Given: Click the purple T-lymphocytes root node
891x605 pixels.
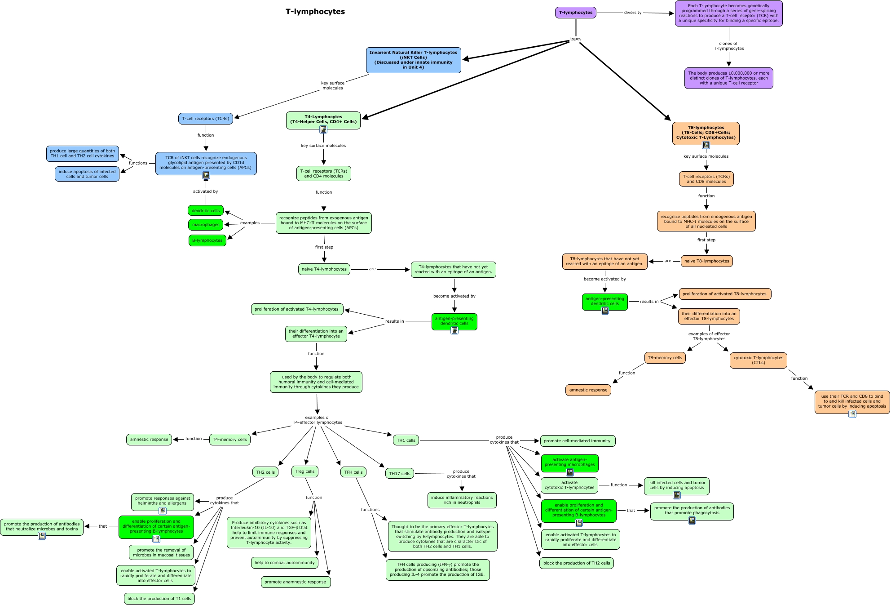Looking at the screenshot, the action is (575, 13).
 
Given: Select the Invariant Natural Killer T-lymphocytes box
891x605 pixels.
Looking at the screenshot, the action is (413, 60).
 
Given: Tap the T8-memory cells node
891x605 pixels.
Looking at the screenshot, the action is (665, 358).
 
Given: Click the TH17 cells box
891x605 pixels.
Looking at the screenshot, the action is (400, 473).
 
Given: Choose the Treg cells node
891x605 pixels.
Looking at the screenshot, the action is (305, 472).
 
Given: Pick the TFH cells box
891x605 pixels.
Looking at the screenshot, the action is (353, 472).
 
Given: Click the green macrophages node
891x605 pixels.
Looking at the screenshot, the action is (206, 225).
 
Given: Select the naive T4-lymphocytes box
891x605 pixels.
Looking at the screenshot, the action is (324, 269).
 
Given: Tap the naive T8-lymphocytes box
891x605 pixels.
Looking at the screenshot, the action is (707, 261).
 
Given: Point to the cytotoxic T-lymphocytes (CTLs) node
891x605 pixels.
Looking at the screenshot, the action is (759, 360).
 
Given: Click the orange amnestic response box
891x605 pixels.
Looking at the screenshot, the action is (588, 390).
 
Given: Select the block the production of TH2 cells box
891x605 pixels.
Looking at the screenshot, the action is (577, 563).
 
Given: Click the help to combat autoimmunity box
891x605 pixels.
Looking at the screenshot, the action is (285, 563).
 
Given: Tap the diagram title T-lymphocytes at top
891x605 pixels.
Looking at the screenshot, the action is (315, 12).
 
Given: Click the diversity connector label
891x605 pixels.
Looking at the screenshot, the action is (633, 13).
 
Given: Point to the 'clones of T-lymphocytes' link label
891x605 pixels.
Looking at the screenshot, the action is (729, 46).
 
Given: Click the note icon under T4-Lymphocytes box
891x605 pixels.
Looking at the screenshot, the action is (323, 129).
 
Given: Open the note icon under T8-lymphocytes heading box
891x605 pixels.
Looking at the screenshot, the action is (706, 145).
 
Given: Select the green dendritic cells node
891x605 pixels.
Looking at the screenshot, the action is (206, 210).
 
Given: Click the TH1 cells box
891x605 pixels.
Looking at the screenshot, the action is (406, 440).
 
